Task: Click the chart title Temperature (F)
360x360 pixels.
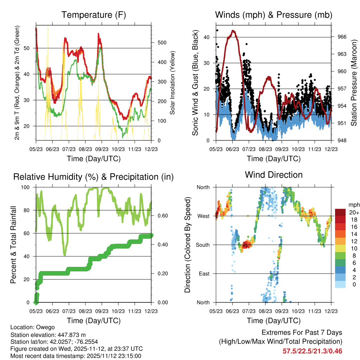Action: click(94, 15)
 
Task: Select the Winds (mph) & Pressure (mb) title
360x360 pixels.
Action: click(274, 15)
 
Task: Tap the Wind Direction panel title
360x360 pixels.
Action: click(274, 174)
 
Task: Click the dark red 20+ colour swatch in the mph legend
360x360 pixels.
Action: click(341, 212)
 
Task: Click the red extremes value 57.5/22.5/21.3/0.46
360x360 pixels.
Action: click(312, 351)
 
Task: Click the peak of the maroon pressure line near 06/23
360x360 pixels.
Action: click(233, 31)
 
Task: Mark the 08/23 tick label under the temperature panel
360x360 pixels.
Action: click(85, 149)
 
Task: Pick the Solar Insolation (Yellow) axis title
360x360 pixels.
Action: click(173, 83)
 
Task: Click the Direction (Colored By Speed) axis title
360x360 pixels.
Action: click(188, 244)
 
